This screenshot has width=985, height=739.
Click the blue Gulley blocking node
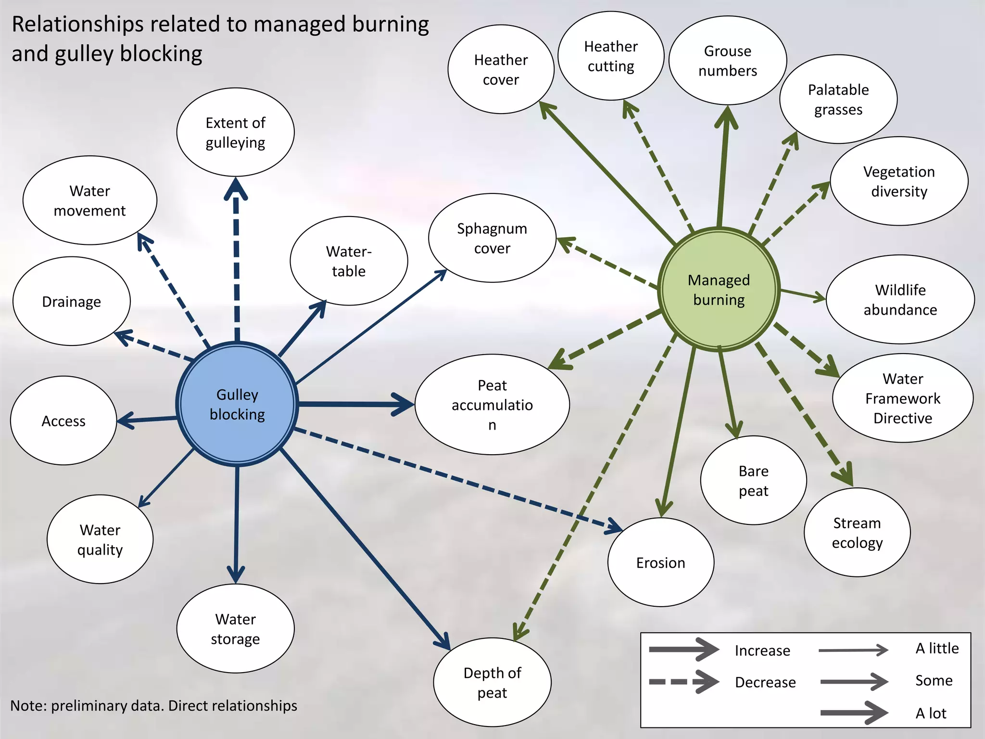click(237, 404)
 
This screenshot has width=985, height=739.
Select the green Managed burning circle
click(719, 290)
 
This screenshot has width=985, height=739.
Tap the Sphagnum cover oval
click(492, 238)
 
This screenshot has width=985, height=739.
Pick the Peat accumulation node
click(492, 405)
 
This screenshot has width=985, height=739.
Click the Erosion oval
click(660, 562)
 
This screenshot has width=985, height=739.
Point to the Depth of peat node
click(492, 682)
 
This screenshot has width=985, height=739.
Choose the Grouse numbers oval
click(727, 61)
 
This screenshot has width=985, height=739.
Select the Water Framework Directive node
click(903, 398)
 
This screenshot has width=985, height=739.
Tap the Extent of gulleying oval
click(235, 132)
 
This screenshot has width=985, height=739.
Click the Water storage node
click(235, 628)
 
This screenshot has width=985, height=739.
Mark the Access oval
click(63, 421)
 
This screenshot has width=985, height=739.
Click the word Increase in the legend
click(762, 650)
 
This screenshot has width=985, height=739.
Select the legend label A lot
click(930, 713)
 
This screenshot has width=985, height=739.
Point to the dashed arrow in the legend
click(683, 682)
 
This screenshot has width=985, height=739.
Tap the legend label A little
click(936, 648)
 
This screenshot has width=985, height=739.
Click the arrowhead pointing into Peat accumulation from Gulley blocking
click(403, 405)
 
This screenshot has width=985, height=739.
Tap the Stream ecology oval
click(857, 533)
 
